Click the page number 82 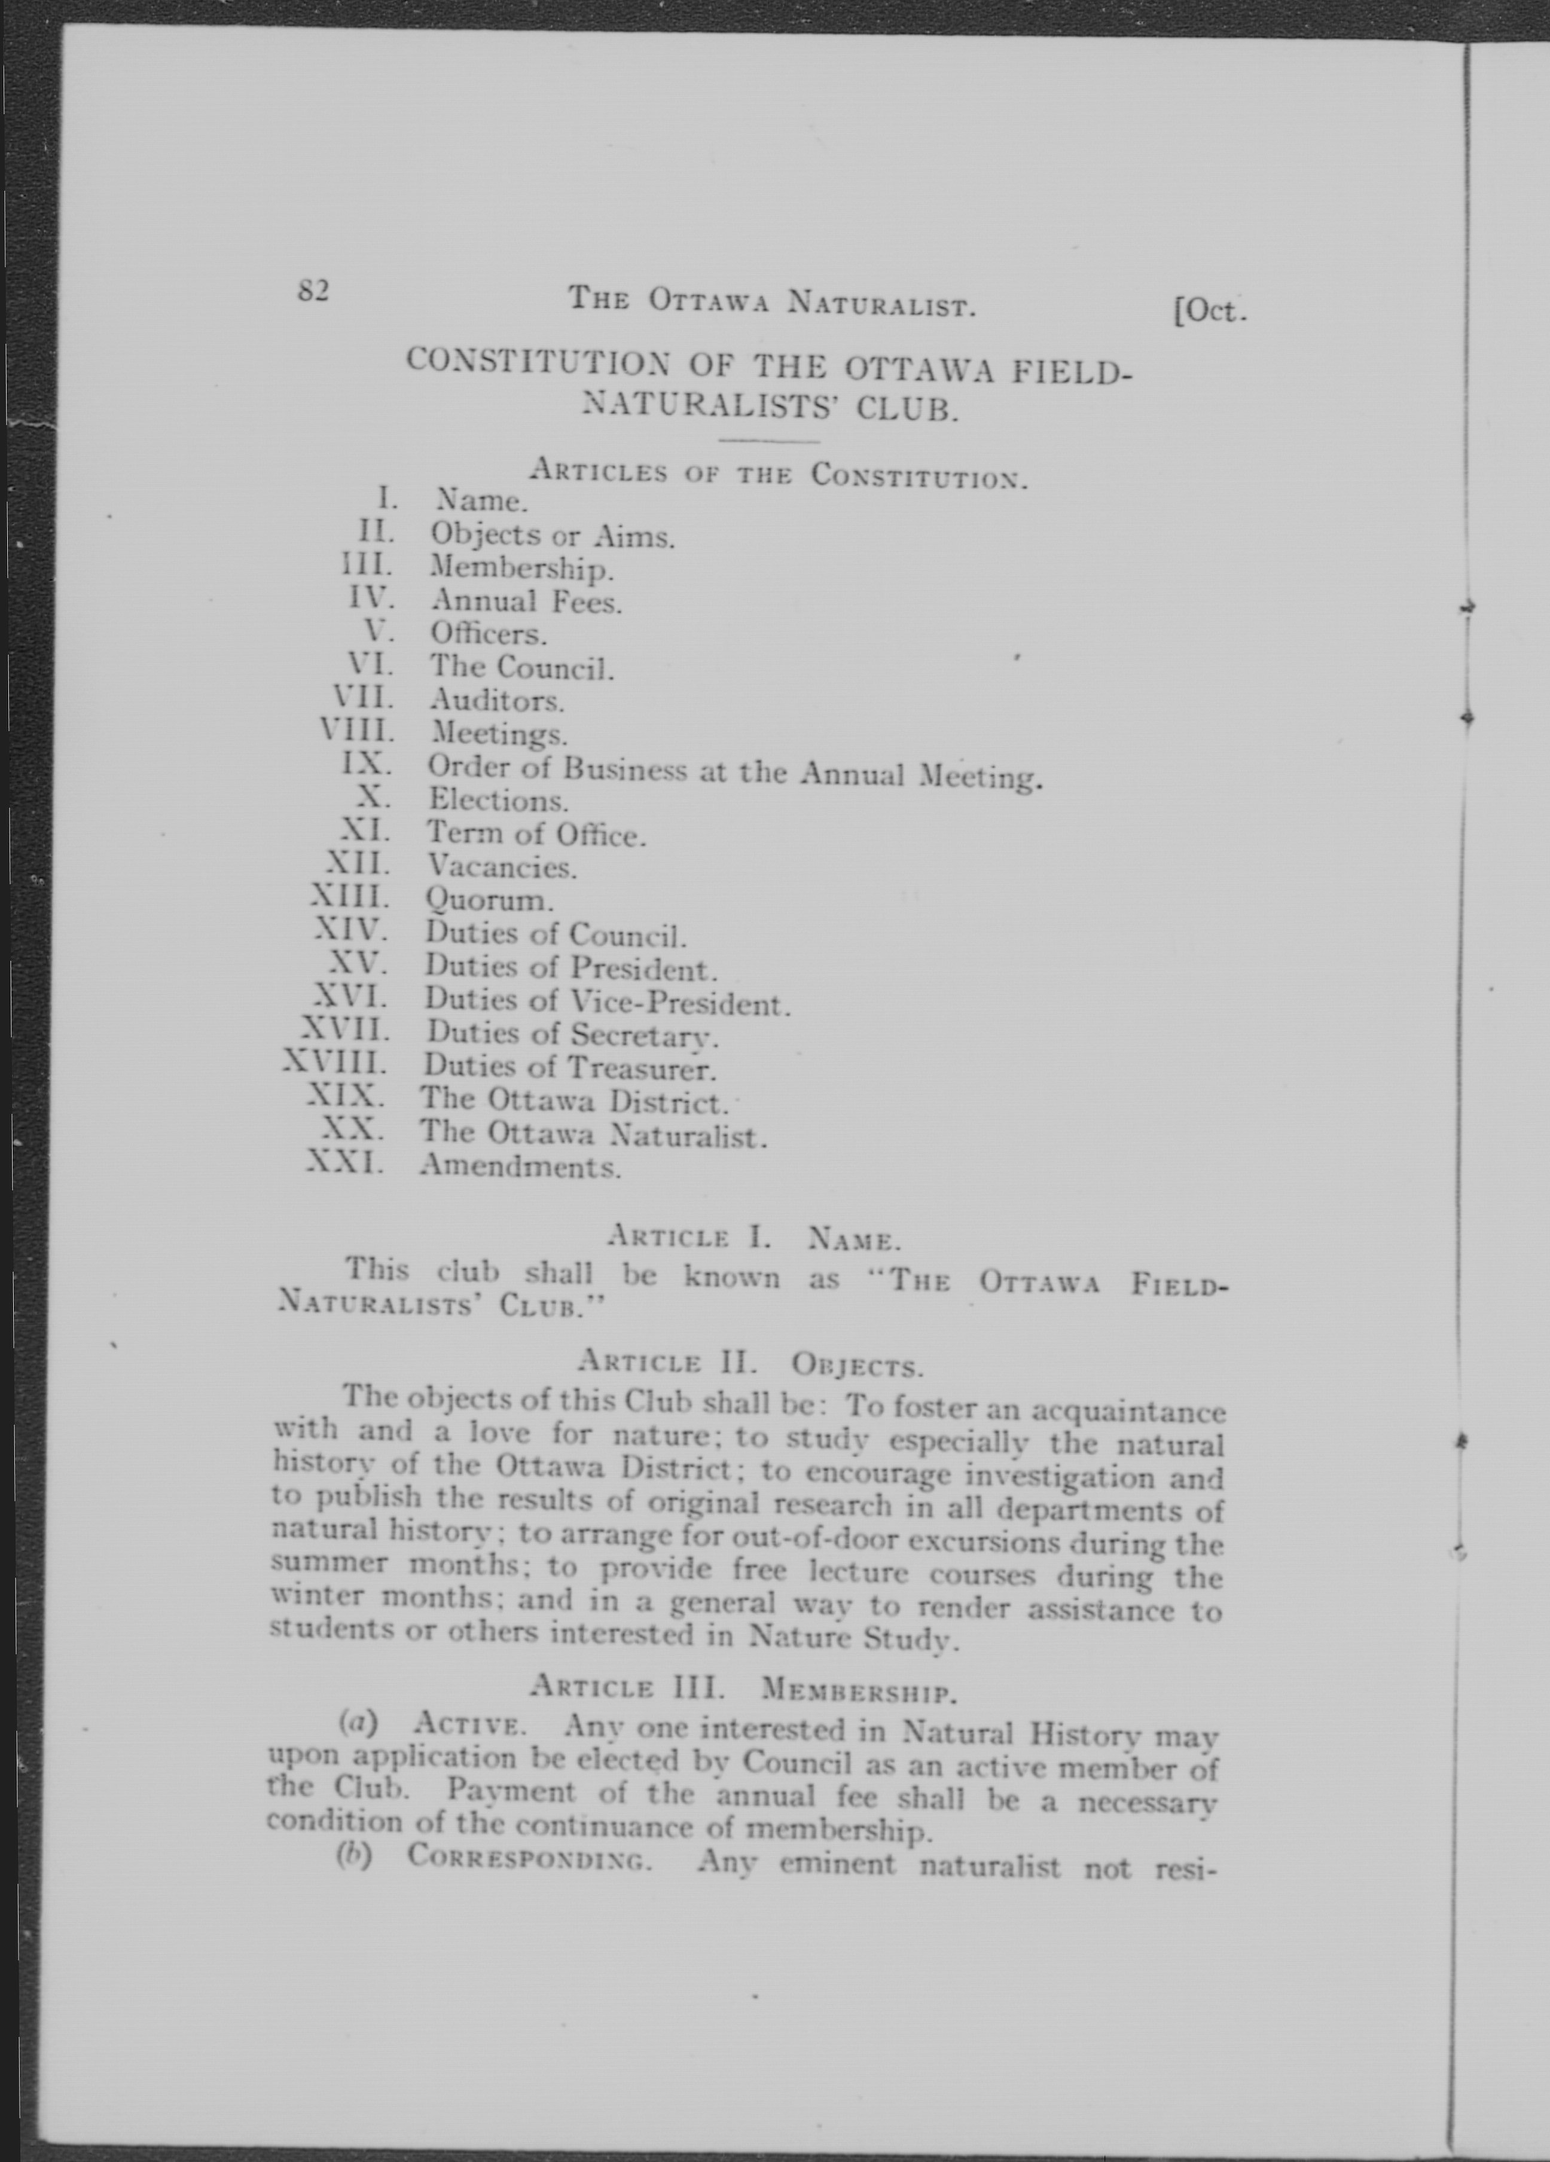pos(313,290)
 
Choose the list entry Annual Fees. pos(525,601)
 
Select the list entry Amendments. pos(520,1166)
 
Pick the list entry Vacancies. pos(501,866)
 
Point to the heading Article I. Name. pos(753,1239)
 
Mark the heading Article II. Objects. pos(750,1364)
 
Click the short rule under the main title pos(769,441)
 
